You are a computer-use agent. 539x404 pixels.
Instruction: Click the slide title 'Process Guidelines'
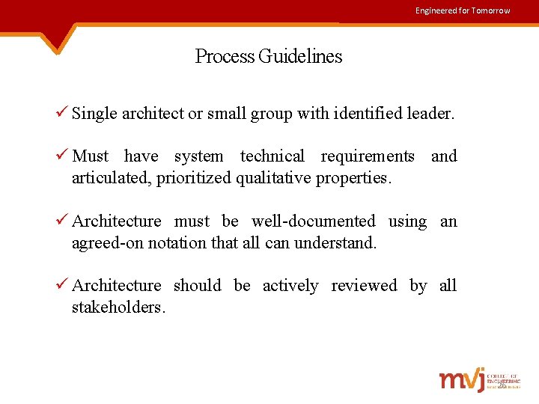click(x=269, y=56)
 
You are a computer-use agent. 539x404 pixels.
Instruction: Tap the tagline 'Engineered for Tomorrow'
click(x=463, y=10)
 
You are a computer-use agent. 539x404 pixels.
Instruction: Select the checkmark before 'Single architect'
click(x=62, y=113)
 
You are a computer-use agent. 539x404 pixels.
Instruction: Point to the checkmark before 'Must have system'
click(x=62, y=156)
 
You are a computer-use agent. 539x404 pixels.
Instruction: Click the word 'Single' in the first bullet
click(x=95, y=114)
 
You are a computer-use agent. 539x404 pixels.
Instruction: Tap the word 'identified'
click(x=362, y=114)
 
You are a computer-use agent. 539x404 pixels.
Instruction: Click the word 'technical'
click(x=272, y=156)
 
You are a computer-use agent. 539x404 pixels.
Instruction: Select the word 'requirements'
click(x=368, y=156)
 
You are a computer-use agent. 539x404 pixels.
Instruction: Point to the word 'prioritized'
click(x=195, y=178)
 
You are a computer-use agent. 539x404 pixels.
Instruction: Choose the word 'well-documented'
click(x=314, y=221)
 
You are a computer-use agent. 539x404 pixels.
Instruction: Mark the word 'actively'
click(x=291, y=286)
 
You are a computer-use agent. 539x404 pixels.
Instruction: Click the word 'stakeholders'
click(x=117, y=307)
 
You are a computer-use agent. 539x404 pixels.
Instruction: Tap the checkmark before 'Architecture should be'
click(x=62, y=285)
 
